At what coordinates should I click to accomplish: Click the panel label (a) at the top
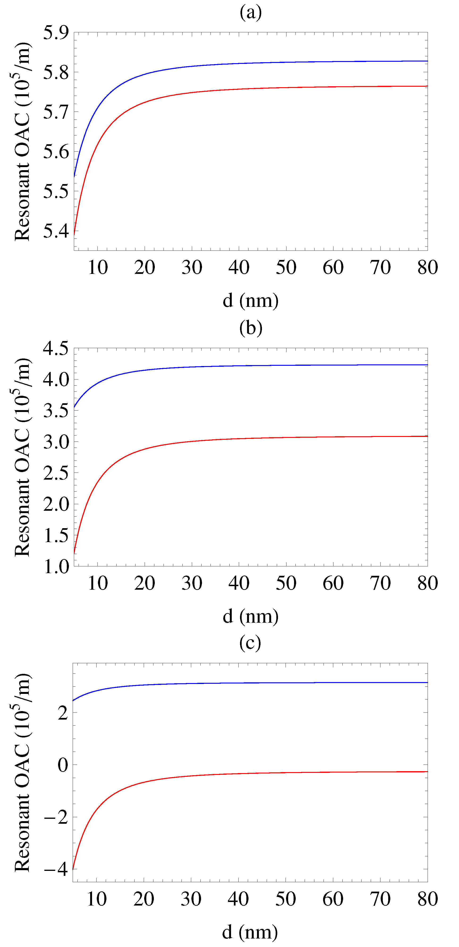pyautogui.click(x=251, y=13)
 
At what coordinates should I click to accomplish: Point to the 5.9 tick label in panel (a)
pyautogui.click(x=56, y=33)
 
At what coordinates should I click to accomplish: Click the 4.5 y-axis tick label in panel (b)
pyautogui.click(x=56, y=349)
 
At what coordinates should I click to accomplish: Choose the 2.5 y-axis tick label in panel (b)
pyautogui.click(x=56, y=473)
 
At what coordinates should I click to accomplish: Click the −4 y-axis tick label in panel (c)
pyautogui.click(x=56, y=870)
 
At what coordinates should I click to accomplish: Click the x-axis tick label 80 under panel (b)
pyautogui.click(x=427, y=583)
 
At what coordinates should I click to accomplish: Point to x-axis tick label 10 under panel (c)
pyautogui.click(x=97, y=899)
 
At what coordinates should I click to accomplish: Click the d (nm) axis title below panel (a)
pyautogui.click(x=250, y=301)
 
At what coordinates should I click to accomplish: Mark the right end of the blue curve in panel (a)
pyautogui.click(x=427, y=61)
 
